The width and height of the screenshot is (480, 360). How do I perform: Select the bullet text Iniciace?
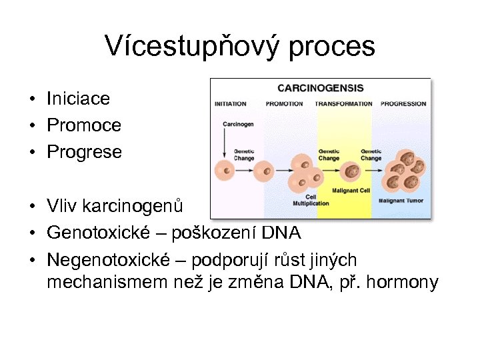(x=78, y=99)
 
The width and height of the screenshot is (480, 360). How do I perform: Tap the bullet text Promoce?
(x=84, y=125)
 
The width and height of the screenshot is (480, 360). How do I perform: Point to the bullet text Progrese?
(x=85, y=152)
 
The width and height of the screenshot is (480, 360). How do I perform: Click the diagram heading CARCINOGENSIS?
(x=320, y=88)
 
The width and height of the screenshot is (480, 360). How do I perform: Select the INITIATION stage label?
(x=230, y=104)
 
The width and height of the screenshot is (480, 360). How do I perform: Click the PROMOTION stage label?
(x=284, y=104)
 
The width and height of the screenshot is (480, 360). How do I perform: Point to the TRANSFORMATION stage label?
(x=343, y=104)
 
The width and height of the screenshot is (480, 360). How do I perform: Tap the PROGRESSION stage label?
(x=403, y=104)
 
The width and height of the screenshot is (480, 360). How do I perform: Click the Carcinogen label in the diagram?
(x=237, y=125)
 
